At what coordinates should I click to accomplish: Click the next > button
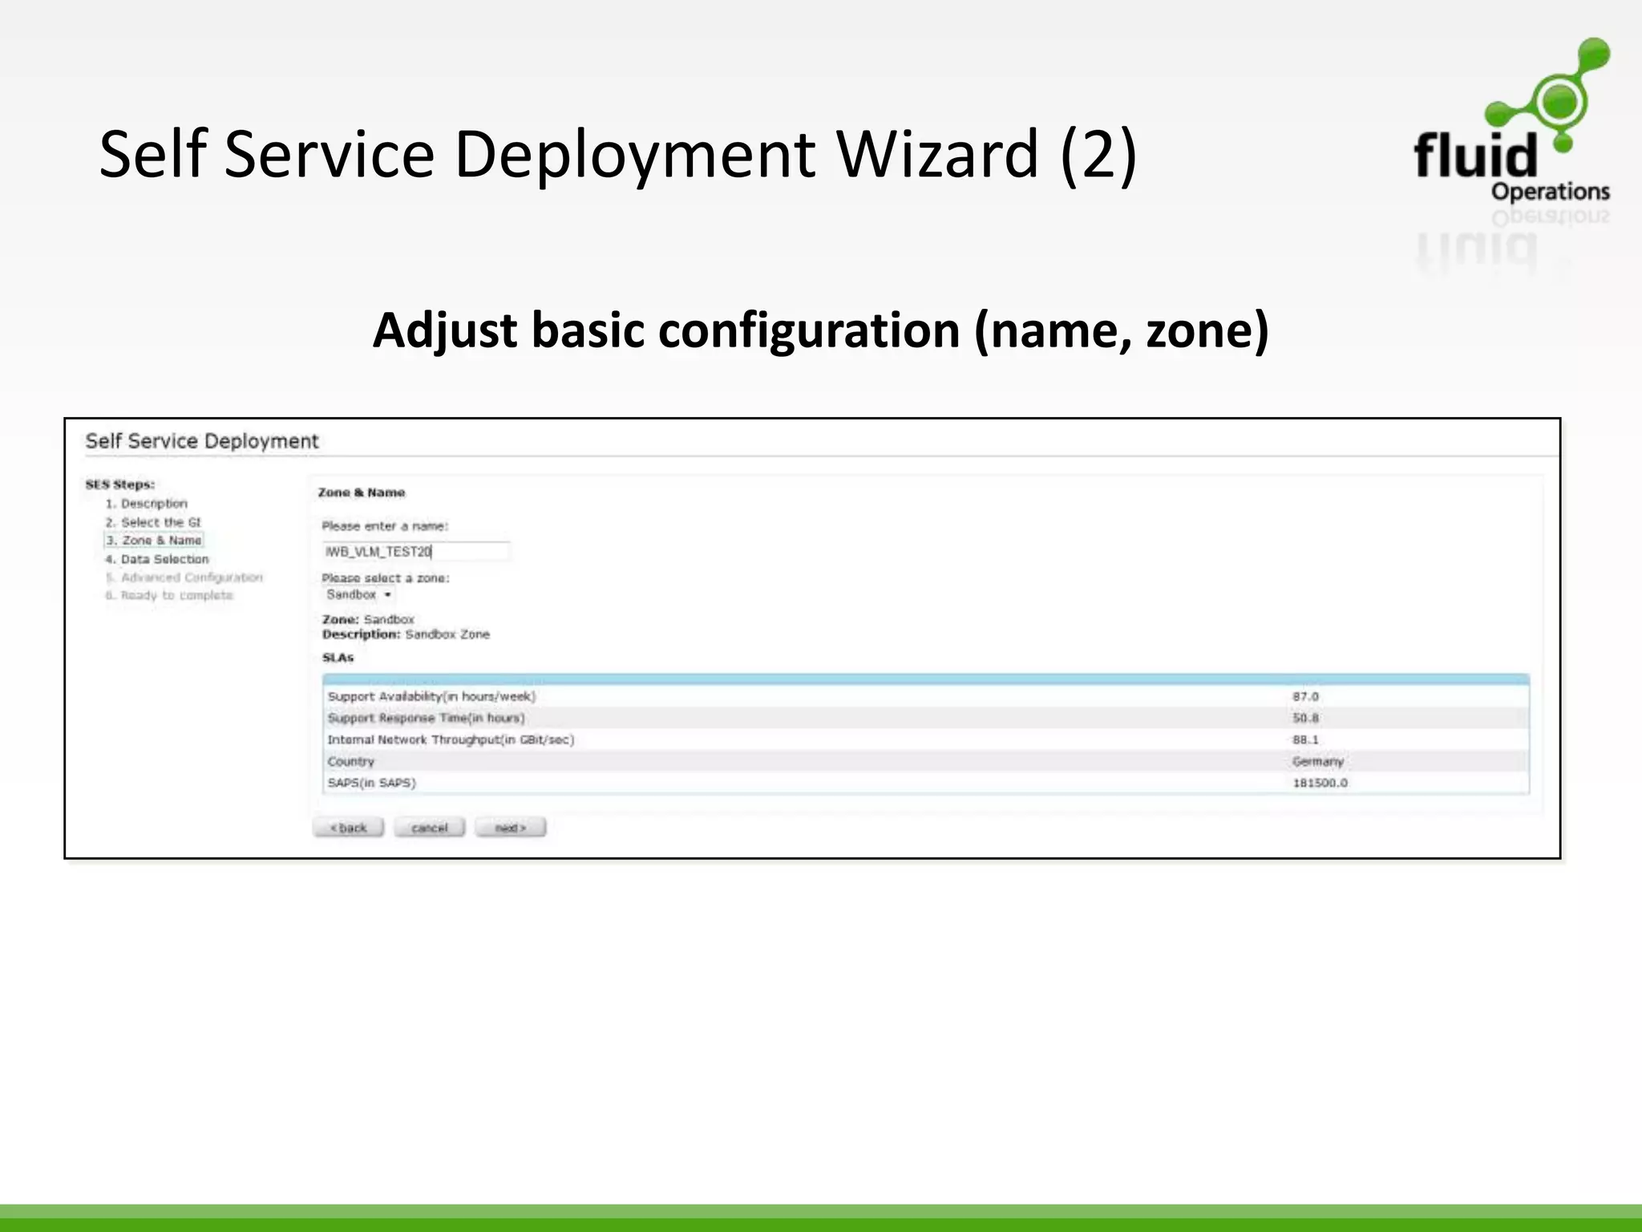tap(510, 828)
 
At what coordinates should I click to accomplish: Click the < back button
tap(349, 828)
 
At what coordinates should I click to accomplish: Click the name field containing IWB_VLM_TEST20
tap(415, 552)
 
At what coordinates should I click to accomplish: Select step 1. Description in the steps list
tap(147, 504)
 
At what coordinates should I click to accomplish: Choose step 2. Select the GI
tap(153, 522)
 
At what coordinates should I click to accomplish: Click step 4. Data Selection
tap(157, 559)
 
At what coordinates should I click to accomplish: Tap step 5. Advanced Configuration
tap(184, 577)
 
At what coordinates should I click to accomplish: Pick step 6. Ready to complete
tap(169, 595)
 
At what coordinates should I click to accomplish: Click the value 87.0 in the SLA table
tap(1305, 697)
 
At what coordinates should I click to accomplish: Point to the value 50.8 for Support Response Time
tap(1305, 719)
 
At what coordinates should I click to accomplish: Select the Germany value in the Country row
tap(1317, 761)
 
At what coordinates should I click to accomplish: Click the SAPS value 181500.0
tap(1320, 783)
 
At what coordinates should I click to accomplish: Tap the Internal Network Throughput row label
tap(451, 740)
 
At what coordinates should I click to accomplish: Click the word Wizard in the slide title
tap(939, 154)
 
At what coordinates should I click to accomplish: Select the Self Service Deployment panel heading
tap(202, 441)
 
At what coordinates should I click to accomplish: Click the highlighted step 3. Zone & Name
tap(154, 541)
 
